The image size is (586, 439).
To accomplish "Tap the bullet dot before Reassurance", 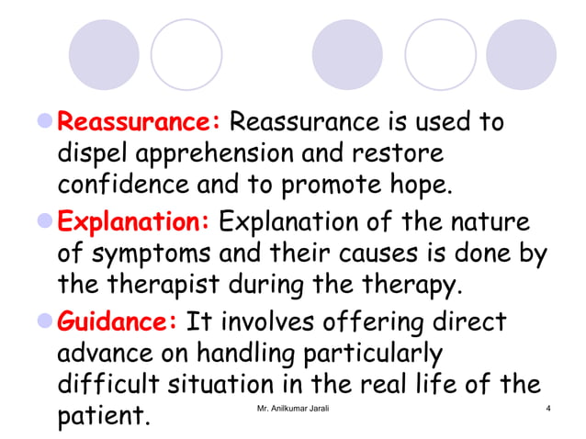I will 46,121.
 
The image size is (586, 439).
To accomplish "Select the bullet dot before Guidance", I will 46,323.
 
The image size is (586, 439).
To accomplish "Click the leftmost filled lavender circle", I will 104,54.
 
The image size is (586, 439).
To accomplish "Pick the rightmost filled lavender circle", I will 521,54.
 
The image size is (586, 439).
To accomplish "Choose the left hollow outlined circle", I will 186,54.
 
